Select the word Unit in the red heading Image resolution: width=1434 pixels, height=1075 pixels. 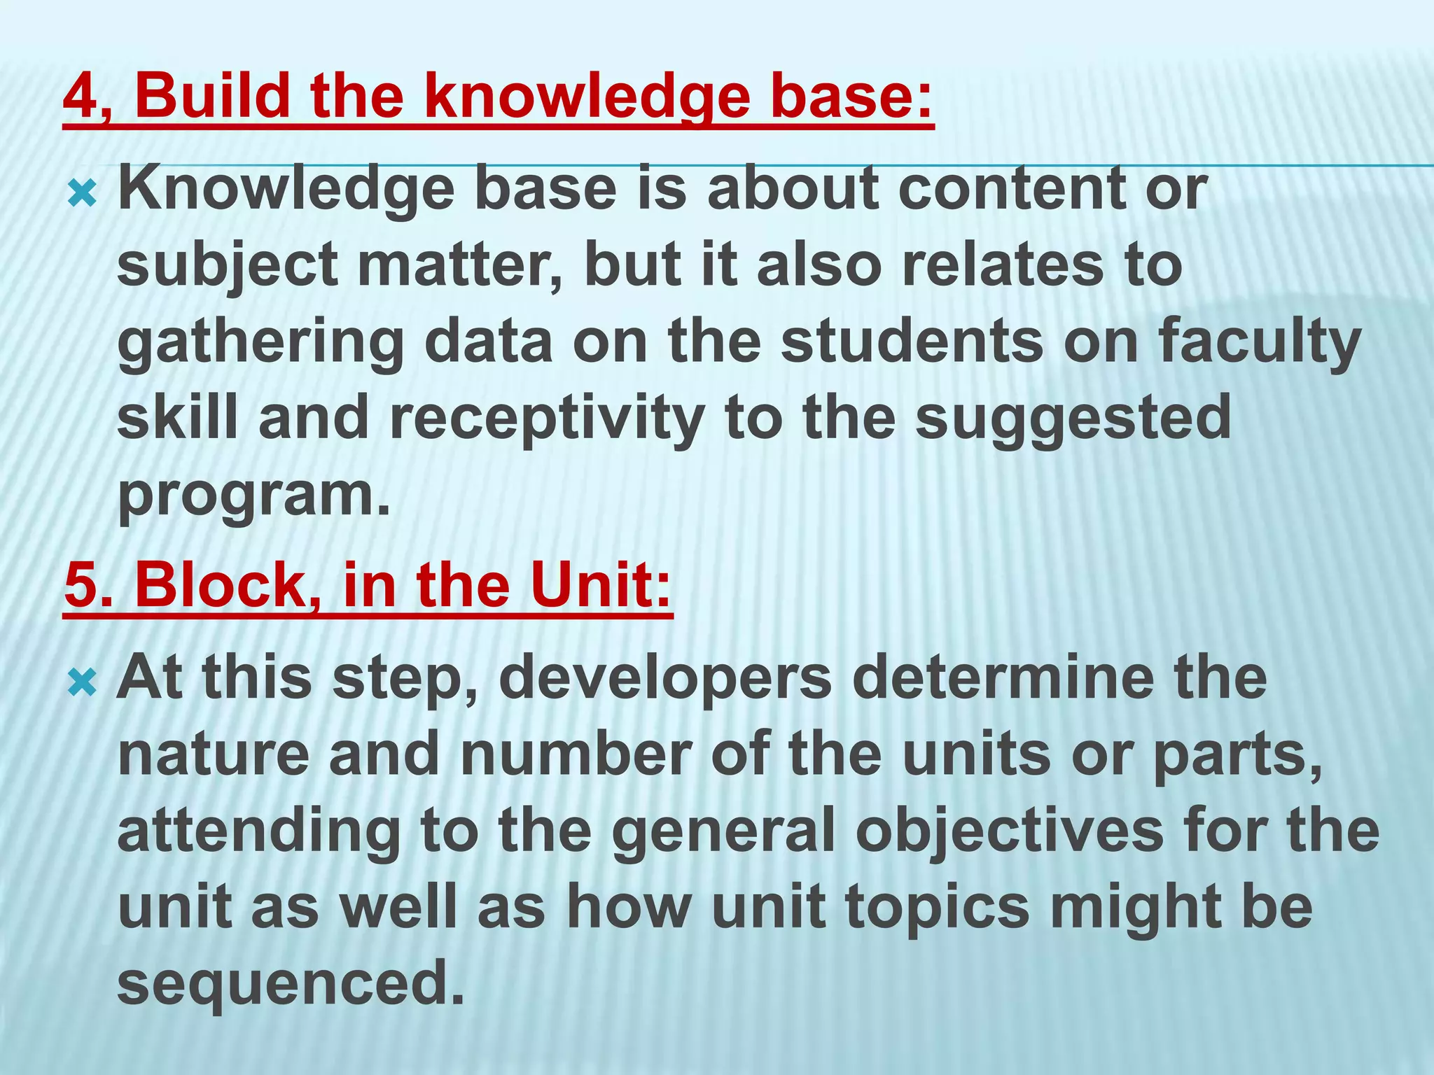(599, 585)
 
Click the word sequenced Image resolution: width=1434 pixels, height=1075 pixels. (291, 984)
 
